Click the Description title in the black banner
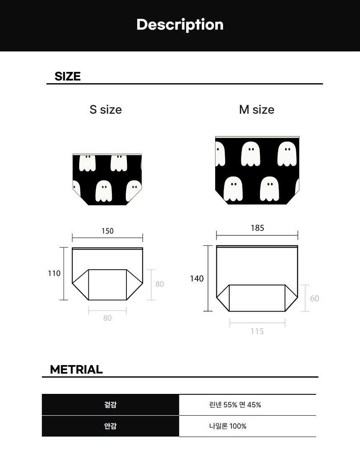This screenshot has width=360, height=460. click(x=180, y=25)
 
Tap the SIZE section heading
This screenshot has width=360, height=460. click(x=67, y=76)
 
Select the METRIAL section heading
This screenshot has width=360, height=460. click(x=76, y=369)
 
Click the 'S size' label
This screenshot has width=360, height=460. click(x=106, y=110)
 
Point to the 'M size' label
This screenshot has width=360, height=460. click(x=257, y=110)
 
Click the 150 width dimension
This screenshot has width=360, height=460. click(x=108, y=231)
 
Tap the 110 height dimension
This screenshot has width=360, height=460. click(x=54, y=273)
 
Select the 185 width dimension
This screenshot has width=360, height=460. click(x=257, y=228)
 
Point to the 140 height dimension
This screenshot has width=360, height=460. click(x=197, y=279)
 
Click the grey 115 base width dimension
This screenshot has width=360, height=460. click(x=257, y=331)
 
